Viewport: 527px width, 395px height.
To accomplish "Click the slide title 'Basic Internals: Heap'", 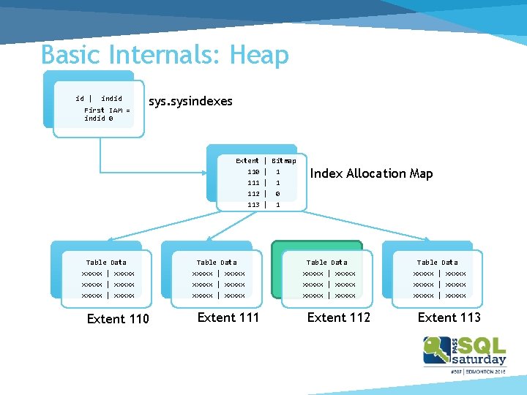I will [165, 55].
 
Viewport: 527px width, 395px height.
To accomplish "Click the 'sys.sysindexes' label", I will [190, 102].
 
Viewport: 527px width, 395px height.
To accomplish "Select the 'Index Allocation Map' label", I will [371, 174].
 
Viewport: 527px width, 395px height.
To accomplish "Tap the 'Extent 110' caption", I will [118, 318].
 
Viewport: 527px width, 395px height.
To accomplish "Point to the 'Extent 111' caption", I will [228, 317].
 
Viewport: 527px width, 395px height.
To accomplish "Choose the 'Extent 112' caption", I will [339, 317].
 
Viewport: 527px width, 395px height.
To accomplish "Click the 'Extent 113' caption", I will [449, 317].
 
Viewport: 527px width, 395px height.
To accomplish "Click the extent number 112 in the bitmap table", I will [253, 194].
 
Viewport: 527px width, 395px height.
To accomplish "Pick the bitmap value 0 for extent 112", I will [278, 194].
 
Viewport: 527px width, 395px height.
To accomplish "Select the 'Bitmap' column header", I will [284, 160].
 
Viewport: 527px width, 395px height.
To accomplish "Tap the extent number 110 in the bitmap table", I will [253, 172].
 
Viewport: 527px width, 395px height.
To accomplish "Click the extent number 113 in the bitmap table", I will [253, 205].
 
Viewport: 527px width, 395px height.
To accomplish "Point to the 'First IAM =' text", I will [107, 110].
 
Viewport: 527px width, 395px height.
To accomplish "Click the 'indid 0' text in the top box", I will [98, 118].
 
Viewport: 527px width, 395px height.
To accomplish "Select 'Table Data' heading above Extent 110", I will [106, 262].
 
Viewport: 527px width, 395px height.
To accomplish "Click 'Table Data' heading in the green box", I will [327, 262].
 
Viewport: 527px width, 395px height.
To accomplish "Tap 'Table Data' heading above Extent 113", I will [438, 262].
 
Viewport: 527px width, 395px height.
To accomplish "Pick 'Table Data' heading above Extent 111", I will [217, 262].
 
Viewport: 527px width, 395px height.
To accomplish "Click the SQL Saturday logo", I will [465, 354].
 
